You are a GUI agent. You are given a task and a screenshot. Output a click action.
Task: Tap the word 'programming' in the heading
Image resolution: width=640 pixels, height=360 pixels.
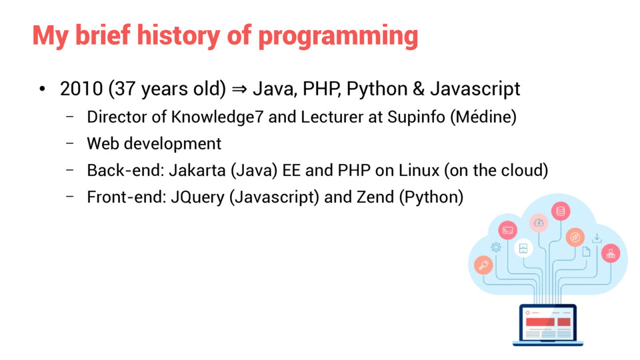point(339,37)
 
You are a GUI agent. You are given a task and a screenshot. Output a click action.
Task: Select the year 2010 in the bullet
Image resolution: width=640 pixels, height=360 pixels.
point(81,89)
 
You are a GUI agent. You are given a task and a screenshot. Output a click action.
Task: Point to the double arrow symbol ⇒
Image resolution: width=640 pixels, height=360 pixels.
point(239,89)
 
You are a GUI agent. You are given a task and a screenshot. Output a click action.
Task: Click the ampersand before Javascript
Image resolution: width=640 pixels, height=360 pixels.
point(419,89)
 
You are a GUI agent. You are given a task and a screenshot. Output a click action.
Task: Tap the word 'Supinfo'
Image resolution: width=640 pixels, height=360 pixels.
point(416,117)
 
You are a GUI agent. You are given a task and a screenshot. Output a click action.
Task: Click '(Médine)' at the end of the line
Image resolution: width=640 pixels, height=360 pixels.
point(483,117)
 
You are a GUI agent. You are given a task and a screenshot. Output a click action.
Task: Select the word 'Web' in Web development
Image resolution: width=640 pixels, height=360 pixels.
point(103,144)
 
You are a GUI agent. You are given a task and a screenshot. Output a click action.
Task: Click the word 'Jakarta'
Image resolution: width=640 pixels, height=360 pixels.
point(197,170)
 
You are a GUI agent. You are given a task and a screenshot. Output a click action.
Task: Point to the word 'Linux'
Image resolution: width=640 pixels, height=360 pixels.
point(419,170)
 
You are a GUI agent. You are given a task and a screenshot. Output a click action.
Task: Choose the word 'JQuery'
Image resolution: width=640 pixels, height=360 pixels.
point(197,197)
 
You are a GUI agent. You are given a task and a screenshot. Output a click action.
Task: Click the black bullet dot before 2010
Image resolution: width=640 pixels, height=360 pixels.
point(42,89)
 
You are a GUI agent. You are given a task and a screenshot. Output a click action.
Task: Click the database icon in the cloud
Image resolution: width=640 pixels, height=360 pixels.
point(561,211)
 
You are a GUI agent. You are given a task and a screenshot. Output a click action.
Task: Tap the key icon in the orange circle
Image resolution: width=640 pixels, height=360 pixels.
point(484,265)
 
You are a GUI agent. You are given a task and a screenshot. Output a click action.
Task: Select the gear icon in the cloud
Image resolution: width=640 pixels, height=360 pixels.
point(496,247)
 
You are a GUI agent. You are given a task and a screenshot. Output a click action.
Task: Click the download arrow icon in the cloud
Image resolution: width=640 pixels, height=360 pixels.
point(597,238)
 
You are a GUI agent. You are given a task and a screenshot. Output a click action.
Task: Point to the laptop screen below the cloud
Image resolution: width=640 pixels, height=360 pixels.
point(548,323)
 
